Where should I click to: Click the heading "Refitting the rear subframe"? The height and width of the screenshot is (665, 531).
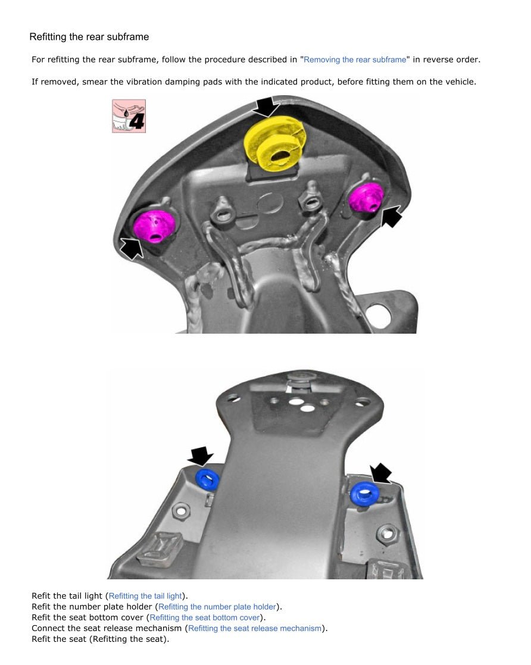pyautogui.click(x=89, y=37)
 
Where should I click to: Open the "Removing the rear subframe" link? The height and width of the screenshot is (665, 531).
pyautogui.click(x=355, y=60)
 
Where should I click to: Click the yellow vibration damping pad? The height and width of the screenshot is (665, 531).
pyautogui.click(x=275, y=143)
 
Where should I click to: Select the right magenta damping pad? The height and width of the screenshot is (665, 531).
pyautogui.click(x=366, y=197)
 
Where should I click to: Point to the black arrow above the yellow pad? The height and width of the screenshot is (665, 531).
pyautogui.click(x=267, y=106)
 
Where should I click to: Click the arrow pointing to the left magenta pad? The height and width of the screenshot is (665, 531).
pyautogui.click(x=132, y=247)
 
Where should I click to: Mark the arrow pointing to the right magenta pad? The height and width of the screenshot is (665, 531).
pyautogui.click(x=391, y=217)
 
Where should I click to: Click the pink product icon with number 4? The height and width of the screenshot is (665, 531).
pyautogui.click(x=129, y=116)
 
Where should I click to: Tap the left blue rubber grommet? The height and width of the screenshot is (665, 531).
pyautogui.click(x=207, y=479)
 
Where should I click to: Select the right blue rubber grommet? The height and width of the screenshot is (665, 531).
pyautogui.click(x=364, y=494)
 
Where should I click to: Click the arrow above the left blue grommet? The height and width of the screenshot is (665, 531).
pyautogui.click(x=201, y=456)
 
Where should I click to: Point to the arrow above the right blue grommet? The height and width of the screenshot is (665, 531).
pyautogui.click(x=381, y=473)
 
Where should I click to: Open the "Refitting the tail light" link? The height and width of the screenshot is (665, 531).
pyautogui.click(x=145, y=596)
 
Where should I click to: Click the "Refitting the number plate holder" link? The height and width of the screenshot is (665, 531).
pyautogui.click(x=217, y=607)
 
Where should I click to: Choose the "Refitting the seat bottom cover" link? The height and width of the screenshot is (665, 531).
pyautogui.click(x=205, y=617)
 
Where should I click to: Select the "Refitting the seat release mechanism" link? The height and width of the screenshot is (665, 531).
pyautogui.click(x=255, y=629)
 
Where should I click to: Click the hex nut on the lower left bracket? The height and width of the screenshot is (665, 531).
pyautogui.click(x=181, y=510)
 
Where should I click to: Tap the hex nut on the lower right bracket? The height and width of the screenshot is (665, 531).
pyautogui.click(x=387, y=533)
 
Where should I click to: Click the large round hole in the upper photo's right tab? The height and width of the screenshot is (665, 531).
pyautogui.click(x=378, y=315)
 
